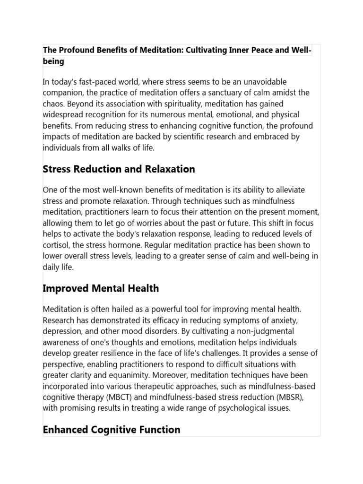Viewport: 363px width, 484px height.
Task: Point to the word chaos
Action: [x=54, y=104]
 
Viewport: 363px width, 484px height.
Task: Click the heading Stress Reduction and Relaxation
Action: [x=119, y=169]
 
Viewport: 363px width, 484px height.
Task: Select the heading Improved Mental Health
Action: [x=101, y=288]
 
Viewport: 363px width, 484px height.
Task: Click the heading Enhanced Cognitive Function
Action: [x=112, y=430]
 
